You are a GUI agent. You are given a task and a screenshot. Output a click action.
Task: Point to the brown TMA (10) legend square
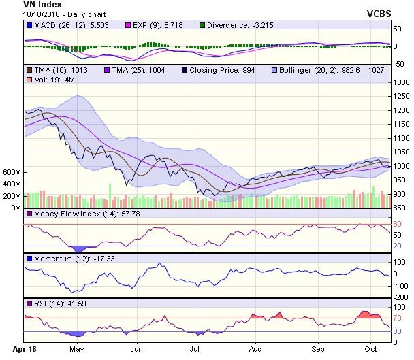pyautogui.click(x=28, y=69)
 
